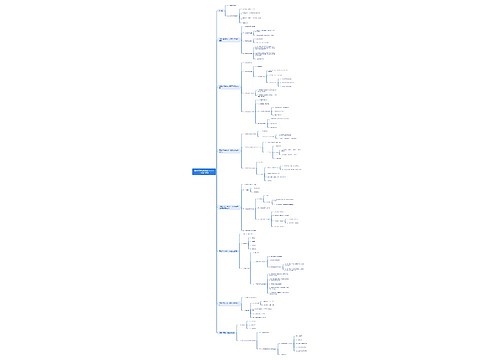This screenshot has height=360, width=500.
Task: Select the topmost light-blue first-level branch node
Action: pos(221,11)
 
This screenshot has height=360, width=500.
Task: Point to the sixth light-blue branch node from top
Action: pos(229,250)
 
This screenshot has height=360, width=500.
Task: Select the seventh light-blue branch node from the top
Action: pos(229,301)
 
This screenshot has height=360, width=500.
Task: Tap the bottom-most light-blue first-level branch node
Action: pos(228,331)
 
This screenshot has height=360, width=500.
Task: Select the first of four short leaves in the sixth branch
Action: pos(254,238)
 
